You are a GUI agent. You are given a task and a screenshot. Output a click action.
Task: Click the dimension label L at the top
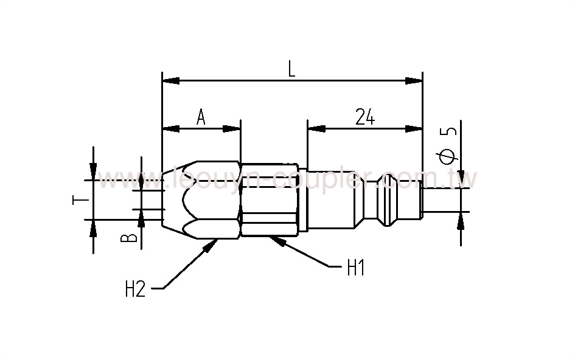pos(291,69)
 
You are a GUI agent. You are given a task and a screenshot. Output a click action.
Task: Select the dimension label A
pos(200,117)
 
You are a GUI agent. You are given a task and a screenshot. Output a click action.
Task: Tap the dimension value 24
pos(364,117)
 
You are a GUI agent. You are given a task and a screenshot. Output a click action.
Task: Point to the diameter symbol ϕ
pos(447,156)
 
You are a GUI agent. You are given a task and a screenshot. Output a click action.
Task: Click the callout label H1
pos(355,268)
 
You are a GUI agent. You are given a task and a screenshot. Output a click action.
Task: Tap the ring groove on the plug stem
pos(384,200)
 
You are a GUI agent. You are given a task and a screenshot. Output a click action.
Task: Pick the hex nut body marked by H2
pos(201,199)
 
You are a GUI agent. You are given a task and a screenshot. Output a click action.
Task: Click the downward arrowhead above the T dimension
pos(93,173)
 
